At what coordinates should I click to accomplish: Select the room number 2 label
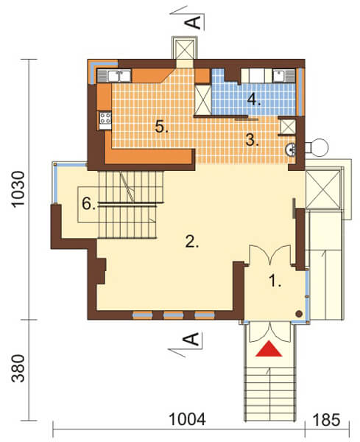tap(192, 241)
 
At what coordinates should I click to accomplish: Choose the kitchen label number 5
tap(161, 126)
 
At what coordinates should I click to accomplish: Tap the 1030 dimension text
tap(20, 193)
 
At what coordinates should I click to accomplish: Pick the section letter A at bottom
tap(189, 340)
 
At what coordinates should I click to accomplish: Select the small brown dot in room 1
tap(298, 314)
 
